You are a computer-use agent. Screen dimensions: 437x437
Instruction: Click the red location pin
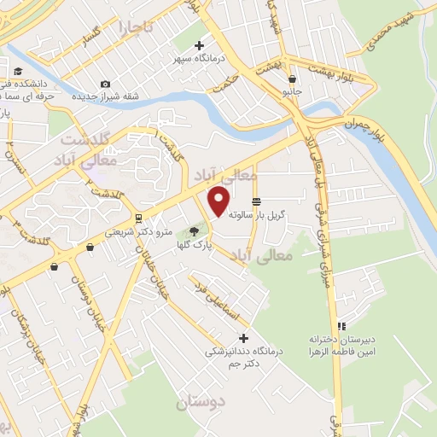[x=219, y=201]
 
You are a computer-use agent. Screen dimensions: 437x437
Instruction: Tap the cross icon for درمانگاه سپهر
[x=200, y=45]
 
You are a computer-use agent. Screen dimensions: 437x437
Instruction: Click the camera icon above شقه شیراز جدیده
[x=104, y=84]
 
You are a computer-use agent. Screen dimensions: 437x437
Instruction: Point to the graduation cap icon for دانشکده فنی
[x=18, y=73]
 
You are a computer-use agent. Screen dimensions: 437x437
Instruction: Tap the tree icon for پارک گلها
[x=195, y=230]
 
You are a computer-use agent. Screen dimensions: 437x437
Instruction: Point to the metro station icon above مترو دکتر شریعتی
[x=138, y=218]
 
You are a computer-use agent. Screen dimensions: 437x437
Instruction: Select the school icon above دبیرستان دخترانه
[x=341, y=326]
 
